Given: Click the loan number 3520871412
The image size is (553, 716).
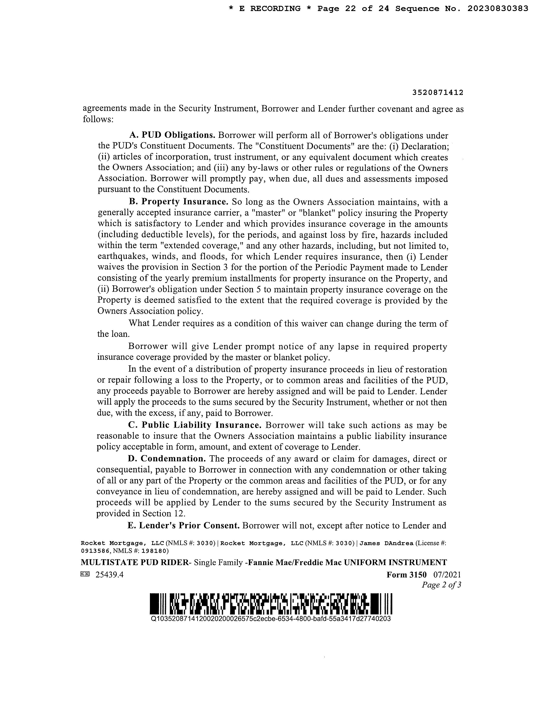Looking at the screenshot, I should pyautogui.click(x=438, y=93).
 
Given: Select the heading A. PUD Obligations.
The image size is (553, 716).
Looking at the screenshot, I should pyautogui.click(x=172, y=135).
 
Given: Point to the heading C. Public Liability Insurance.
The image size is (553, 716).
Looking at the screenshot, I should pyautogui.click(x=195, y=425).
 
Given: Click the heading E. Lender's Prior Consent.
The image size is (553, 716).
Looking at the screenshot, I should pyautogui.click(x=183, y=526).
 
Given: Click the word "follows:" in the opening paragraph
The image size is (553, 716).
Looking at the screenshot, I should pyautogui.click(x=98, y=119).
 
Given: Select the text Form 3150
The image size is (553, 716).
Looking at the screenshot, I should pyautogui.click(x=407, y=575).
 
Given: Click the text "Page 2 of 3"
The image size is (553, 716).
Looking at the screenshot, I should pyautogui.click(x=441, y=585).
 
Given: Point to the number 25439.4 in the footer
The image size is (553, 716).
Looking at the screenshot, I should pyautogui.click(x=110, y=575).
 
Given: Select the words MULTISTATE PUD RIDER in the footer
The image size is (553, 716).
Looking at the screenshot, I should pyautogui.click(x=135, y=563).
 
